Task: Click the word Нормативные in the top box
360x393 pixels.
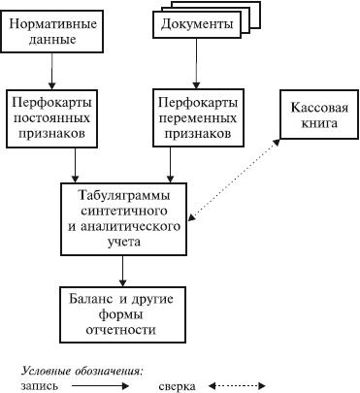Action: click(x=52, y=24)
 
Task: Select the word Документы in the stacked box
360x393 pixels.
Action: click(x=197, y=24)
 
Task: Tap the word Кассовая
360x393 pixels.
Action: click(x=319, y=108)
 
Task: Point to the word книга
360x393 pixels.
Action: click(x=319, y=123)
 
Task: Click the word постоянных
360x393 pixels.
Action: click(x=51, y=117)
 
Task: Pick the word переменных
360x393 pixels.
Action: click(x=198, y=118)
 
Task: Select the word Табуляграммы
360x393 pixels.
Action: click(x=124, y=196)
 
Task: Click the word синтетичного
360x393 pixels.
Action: click(x=124, y=211)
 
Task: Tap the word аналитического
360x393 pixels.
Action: click(x=130, y=226)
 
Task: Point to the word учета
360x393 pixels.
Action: click(x=124, y=242)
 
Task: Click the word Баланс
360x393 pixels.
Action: click(x=89, y=299)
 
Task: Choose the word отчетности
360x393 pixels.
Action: click(x=120, y=330)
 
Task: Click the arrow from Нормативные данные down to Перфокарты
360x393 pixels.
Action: click(x=51, y=71)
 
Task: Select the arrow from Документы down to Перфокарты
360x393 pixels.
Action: click(x=196, y=63)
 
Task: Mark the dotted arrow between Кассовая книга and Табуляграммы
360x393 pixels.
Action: click(x=235, y=180)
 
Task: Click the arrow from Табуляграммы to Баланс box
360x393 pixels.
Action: click(x=122, y=271)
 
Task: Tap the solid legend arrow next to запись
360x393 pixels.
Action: click(x=100, y=385)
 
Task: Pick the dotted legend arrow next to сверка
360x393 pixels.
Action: click(x=237, y=385)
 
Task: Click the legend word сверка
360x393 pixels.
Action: click(x=177, y=386)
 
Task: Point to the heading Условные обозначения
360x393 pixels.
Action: click(x=82, y=372)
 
